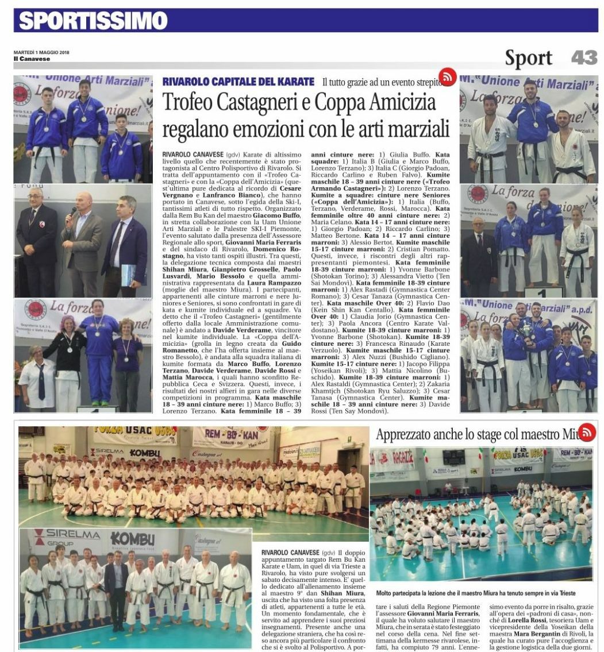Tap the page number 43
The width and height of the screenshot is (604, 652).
[x=584, y=57]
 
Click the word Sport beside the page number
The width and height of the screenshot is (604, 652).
[x=529, y=57]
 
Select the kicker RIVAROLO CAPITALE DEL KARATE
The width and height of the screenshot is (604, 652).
[x=238, y=82]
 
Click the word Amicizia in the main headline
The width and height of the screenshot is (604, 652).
[x=396, y=103]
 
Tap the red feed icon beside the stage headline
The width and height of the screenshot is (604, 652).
[x=587, y=432]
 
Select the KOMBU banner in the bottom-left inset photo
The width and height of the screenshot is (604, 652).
[x=133, y=540]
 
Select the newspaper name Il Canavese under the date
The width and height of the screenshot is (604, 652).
[x=32, y=59]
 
